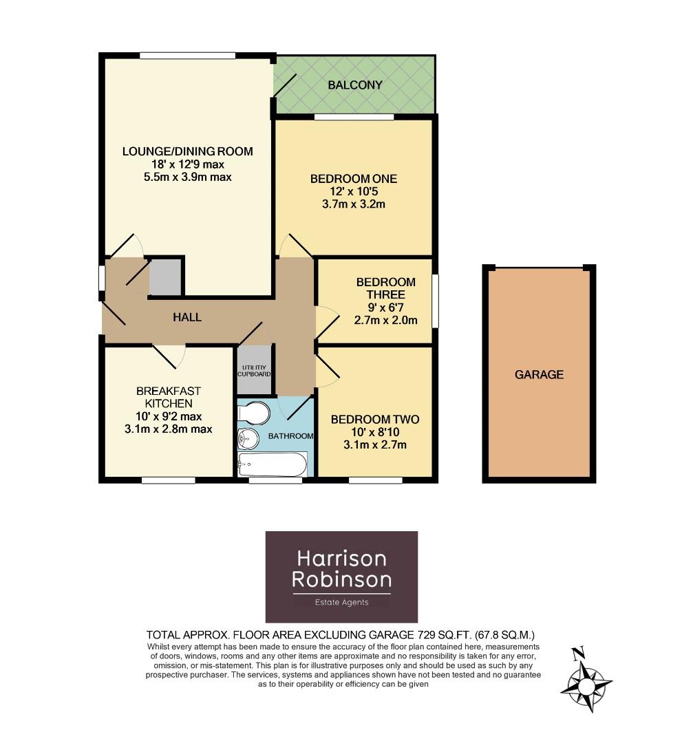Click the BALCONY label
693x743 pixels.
tap(354, 85)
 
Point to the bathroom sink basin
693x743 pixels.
tap(247, 438)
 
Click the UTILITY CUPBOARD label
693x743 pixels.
tap(254, 370)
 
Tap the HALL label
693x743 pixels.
tap(187, 317)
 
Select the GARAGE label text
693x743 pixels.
tap(539, 375)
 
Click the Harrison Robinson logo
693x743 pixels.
tap(341, 577)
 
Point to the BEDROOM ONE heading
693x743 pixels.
tap(354, 179)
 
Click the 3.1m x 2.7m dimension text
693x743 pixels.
tap(375, 444)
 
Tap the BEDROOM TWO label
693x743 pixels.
tap(375, 420)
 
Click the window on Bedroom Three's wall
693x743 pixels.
tap(435, 301)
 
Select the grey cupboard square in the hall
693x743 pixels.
tap(165, 277)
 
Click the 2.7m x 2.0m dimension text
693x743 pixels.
tap(385, 319)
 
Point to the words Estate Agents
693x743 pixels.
tap(341, 602)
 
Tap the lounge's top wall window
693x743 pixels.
tap(187, 56)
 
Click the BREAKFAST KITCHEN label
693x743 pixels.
tap(168, 397)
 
